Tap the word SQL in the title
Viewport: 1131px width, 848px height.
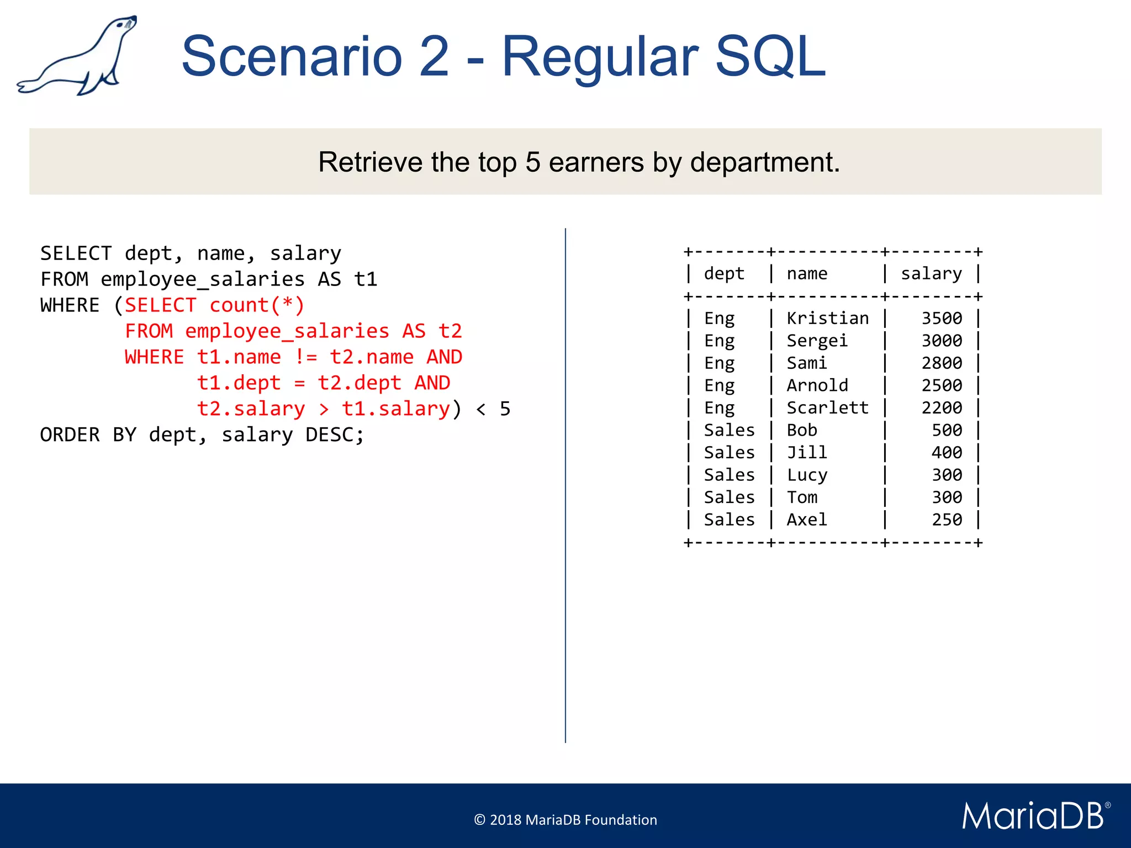[770, 56]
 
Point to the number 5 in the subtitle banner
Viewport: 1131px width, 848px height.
[532, 162]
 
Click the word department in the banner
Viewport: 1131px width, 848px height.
[765, 162]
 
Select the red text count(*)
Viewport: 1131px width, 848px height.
[257, 305]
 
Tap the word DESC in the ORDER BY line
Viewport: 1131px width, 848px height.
[329, 435]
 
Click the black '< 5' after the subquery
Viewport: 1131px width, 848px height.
[493, 409]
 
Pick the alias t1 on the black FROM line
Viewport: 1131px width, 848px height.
[366, 279]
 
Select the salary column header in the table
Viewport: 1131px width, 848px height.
[931, 273]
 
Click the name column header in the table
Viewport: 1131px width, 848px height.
[807, 273]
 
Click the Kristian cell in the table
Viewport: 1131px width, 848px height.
[827, 319]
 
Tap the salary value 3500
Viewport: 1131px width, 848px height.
[941, 319]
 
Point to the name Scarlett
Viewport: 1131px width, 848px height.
[827, 408]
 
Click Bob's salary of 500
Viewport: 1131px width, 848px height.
[947, 430]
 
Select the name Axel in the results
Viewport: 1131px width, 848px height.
[807, 520]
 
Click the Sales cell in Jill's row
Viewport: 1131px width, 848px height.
[729, 453]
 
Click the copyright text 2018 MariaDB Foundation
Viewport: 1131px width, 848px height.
[565, 820]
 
